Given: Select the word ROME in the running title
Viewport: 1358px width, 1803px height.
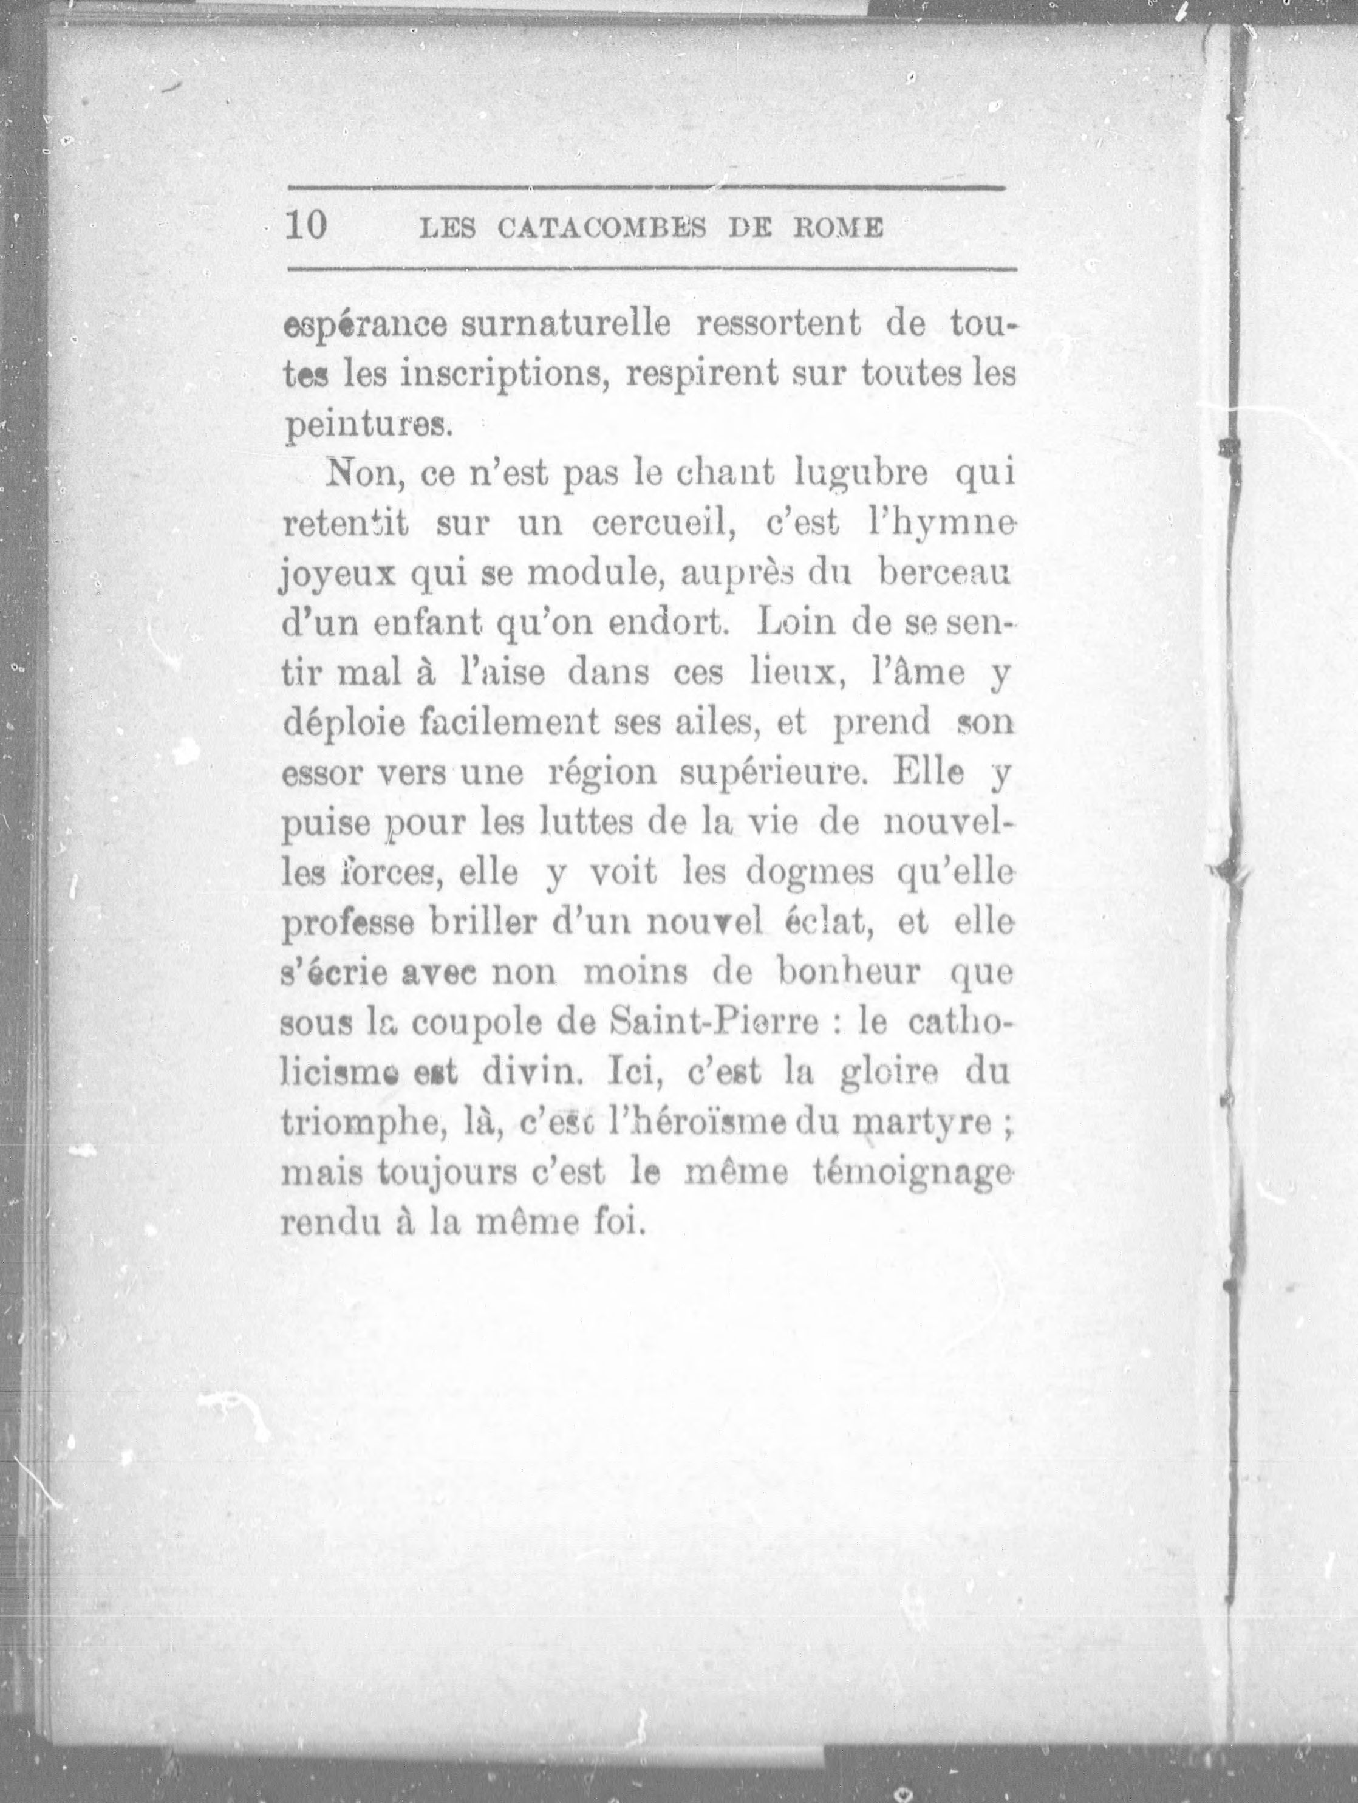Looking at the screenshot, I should tap(839, 228).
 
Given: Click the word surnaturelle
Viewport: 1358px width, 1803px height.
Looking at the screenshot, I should tap(565, 325).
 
